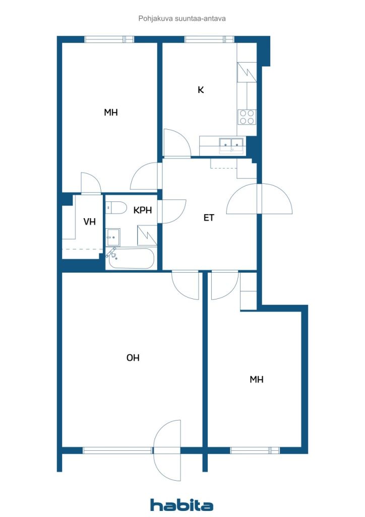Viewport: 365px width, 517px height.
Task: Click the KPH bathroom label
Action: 143,211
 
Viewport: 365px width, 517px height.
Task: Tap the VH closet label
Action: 90,221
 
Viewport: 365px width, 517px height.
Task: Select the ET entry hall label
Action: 209,218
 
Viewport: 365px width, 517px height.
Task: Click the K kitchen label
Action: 201,90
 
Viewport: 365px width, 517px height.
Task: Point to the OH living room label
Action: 133,358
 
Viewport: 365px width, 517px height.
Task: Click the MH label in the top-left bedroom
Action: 111,113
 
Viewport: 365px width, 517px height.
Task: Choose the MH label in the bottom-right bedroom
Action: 257,380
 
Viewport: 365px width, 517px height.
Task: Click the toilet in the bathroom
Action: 117,208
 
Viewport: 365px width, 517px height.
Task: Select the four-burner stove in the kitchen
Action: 247,117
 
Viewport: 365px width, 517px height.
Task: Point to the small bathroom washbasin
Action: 113,235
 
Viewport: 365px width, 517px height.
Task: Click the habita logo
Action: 182,505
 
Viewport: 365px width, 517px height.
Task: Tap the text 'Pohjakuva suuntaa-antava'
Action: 182,18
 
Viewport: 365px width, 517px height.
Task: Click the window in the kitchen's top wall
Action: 209,39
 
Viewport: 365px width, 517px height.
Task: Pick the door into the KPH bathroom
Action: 171,211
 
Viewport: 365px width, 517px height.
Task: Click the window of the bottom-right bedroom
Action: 255,450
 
